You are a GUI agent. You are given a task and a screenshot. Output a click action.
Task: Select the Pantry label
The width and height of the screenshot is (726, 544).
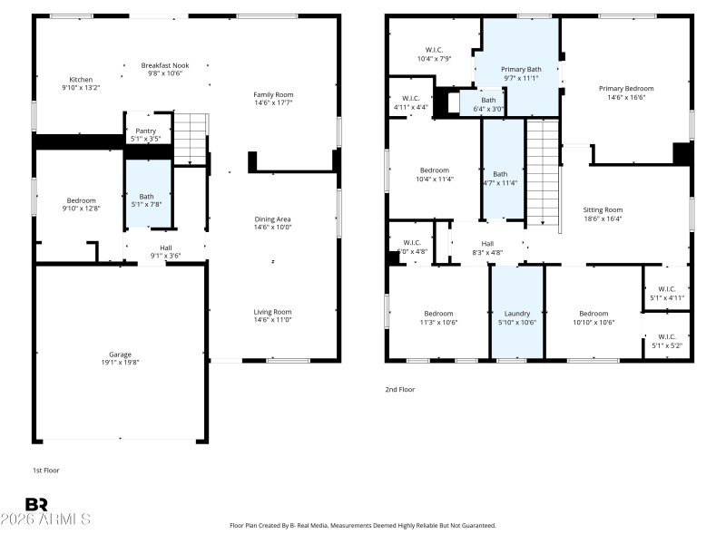click(146, 131)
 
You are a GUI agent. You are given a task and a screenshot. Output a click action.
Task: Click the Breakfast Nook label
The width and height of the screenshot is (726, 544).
click(164, 65)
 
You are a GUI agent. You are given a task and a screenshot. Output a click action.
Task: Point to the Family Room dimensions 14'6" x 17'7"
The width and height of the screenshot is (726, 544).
click(273, 103)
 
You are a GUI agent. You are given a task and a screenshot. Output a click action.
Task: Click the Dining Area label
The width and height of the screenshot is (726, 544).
click(273, 219)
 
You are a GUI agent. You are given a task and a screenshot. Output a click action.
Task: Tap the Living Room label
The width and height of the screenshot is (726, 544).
click(272, 312)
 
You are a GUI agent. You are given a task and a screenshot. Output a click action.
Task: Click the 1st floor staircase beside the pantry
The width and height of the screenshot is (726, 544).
click(191, 138)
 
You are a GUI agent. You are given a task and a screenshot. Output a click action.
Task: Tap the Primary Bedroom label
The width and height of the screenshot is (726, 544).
click(625, 89)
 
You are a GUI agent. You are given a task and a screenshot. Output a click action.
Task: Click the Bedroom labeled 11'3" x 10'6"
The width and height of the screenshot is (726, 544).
click(438, 317)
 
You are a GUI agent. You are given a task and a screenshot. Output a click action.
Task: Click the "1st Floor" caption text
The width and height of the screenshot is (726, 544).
click(45, 470)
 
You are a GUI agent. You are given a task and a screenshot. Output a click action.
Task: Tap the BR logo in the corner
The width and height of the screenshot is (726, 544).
click(36, 504)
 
